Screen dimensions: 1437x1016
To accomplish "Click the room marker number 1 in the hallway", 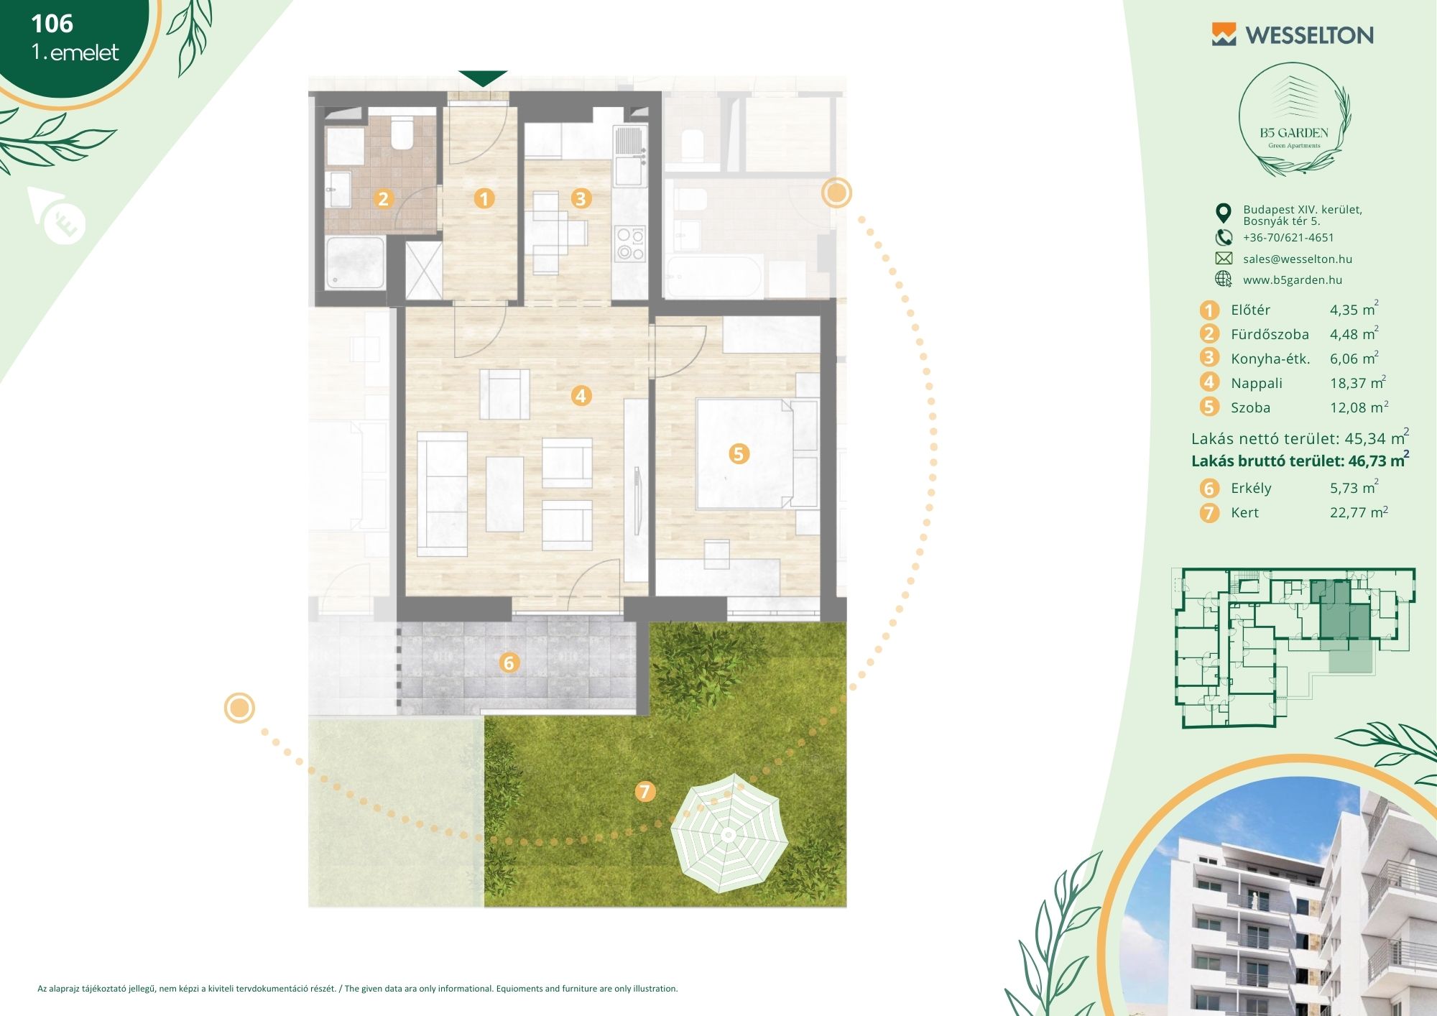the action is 484,198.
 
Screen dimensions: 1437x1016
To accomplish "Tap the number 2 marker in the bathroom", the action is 383,198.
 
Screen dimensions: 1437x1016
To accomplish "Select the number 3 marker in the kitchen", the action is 581,198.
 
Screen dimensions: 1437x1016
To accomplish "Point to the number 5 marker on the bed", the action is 739,453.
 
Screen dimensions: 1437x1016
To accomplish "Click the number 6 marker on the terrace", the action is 509,662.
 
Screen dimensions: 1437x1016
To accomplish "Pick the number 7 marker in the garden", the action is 644,791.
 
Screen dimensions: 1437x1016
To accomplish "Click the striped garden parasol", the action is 729,833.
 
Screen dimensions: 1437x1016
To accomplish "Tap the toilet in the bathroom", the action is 402,133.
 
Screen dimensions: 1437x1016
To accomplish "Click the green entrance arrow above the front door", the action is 483,78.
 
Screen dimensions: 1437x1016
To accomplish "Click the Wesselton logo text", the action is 1309,35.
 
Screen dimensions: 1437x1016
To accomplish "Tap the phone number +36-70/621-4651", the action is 1288,238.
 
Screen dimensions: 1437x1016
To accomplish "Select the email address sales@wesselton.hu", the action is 1298,259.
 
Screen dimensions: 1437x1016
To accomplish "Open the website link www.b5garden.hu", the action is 1293,280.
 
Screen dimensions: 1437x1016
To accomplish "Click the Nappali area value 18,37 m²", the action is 1358,382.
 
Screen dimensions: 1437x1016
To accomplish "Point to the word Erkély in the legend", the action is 1251,489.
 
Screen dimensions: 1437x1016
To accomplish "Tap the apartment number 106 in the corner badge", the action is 52,24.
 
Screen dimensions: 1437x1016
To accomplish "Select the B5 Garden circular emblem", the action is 1294,120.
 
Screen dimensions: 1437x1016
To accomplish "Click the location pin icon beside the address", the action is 1223,213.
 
